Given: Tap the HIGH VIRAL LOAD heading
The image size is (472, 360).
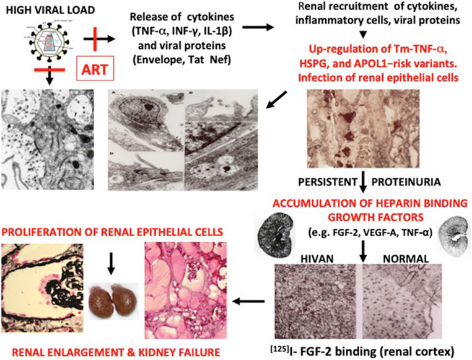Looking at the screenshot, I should pos(46,11).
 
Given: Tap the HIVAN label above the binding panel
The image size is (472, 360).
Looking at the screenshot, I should pos(302,254).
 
